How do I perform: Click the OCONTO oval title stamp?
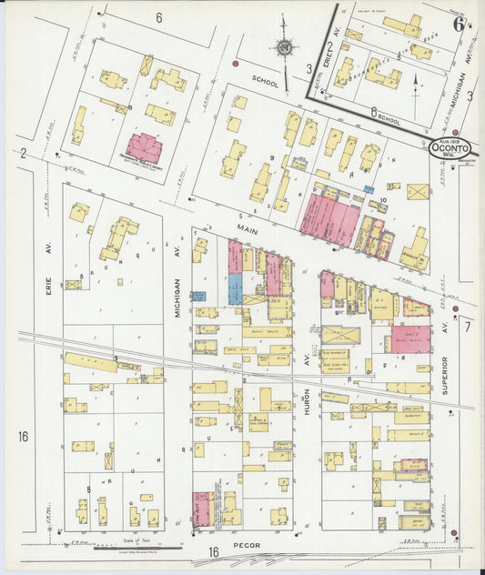point(450,149)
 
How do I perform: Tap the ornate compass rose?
point(285,46)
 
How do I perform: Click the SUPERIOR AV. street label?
point(445,373)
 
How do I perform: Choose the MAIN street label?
point(246,232)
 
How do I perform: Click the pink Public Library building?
point(144,148)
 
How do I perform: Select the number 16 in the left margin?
point(23,437)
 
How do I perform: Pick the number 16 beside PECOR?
point(213,552)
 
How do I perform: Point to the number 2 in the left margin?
point(23,153)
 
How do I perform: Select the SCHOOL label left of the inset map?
point(266,78)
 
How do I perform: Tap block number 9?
point(272,158)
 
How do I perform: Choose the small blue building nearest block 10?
point(369,189)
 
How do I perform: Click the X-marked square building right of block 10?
point(418,193)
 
